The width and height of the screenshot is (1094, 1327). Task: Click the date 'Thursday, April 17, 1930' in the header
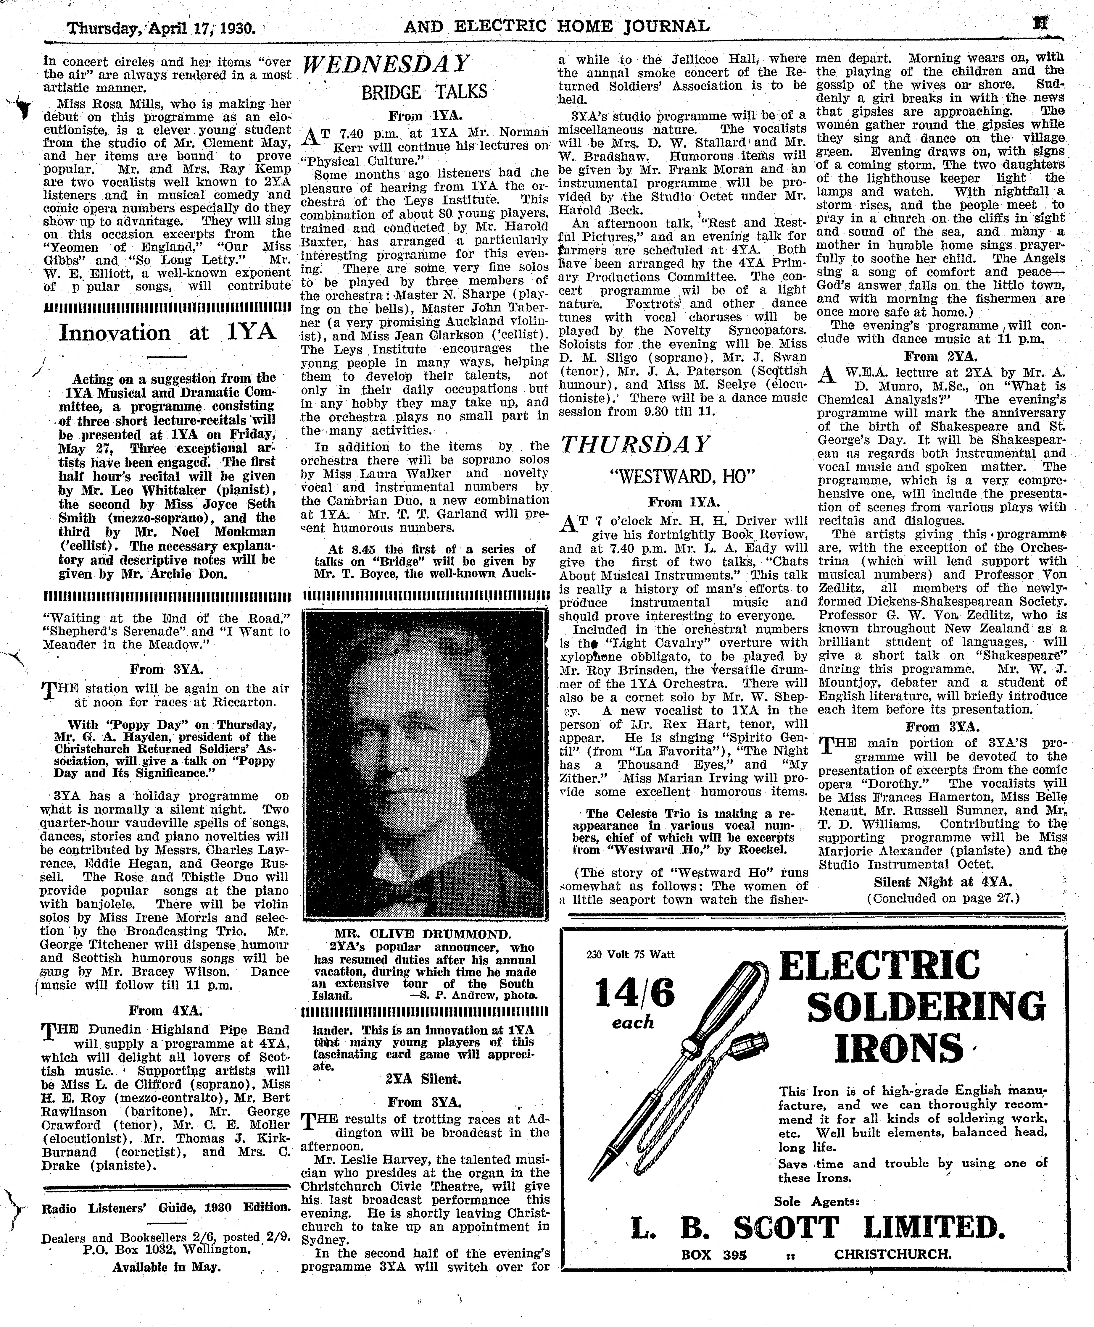[x=161, y=28]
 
